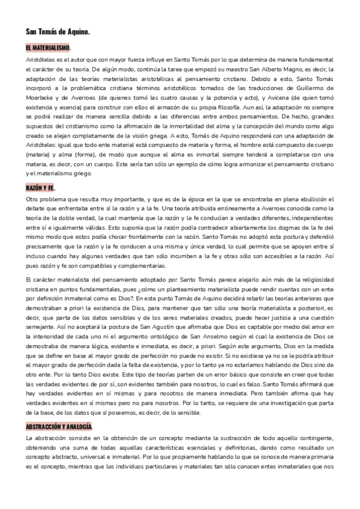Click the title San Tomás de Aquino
pyautogui.click(x=58, y=31)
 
